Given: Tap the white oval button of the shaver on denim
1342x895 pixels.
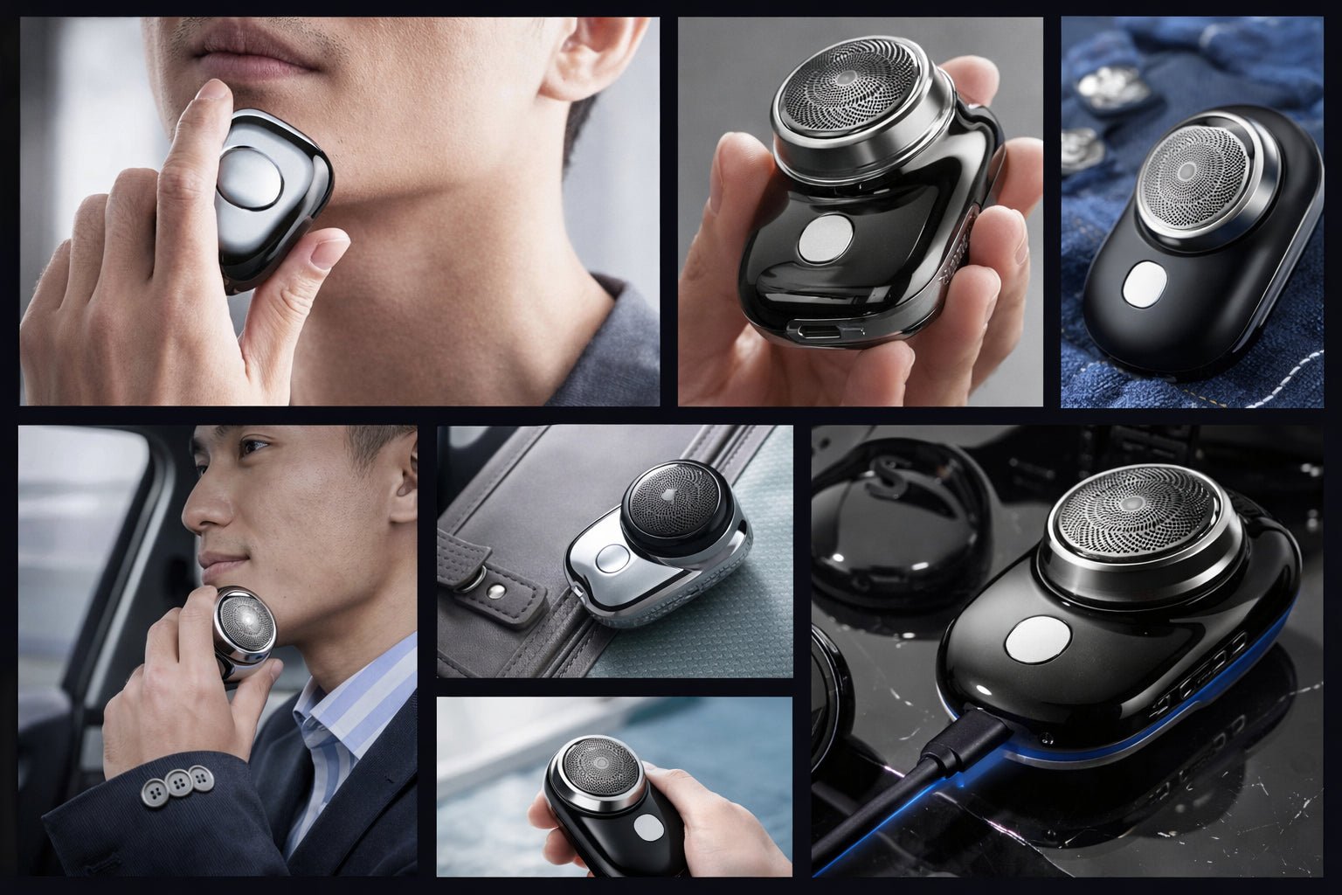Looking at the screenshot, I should pyautogui.click(x=1141, y=286).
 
